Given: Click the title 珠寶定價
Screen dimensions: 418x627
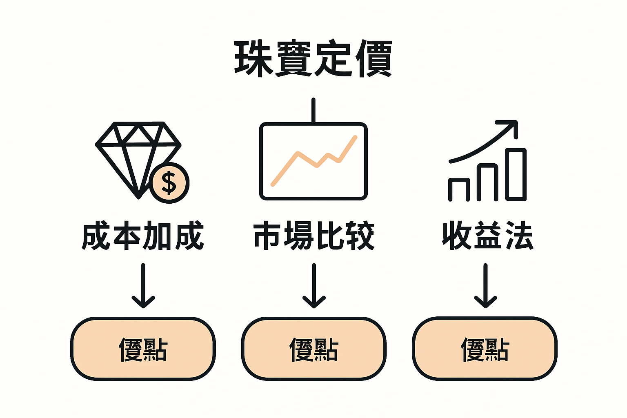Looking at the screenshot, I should [x=313, y=58].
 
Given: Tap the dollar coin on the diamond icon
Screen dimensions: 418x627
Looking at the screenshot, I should [x=169, y=182].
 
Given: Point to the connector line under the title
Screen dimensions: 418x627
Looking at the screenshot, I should [x=313, y=110].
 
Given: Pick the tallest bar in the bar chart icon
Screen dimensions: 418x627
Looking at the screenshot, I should [x=516, y=174].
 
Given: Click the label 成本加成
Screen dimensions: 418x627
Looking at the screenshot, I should [x=143, y=236].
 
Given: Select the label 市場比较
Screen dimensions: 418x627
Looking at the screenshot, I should [x=313, y=236].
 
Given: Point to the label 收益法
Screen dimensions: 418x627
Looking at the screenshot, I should [x=487, y=236].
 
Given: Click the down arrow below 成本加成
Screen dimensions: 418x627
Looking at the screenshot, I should [x=143, y=286].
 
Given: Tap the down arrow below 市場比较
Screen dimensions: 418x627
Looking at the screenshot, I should [x=313, y=286].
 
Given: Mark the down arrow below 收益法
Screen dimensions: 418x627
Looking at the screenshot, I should [x=485, y=286].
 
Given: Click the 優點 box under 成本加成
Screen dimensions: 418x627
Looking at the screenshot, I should [x=143, y=349].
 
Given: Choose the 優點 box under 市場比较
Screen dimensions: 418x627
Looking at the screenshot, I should [x=313, y=349].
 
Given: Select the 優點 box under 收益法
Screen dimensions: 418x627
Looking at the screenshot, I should [x=485, y=349].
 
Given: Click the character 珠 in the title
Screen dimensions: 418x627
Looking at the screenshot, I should [x=253, y=58].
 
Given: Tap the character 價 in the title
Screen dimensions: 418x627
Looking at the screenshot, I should [x=373, y=58].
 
